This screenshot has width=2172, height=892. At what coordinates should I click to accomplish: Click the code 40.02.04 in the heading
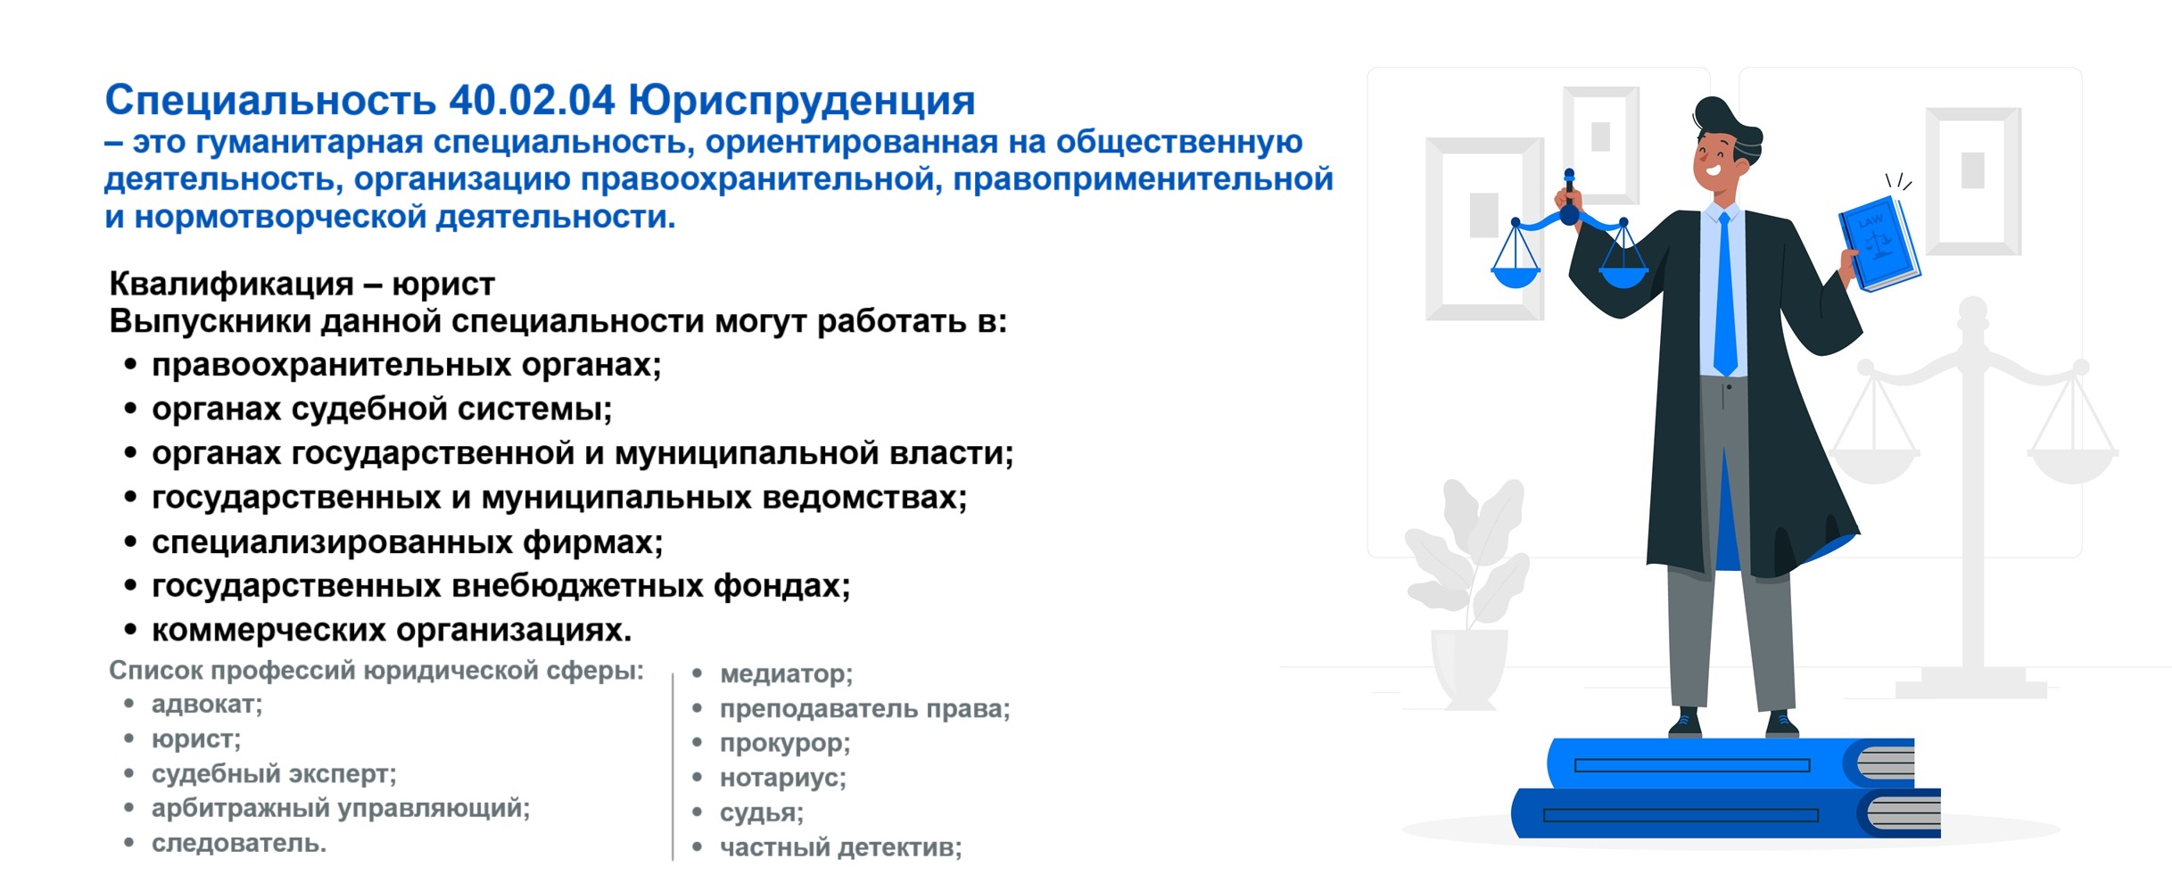pyautogui.click(x=532, y=101)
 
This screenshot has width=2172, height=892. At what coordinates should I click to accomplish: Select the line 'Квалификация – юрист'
pyautogui.click(x=301, y=285)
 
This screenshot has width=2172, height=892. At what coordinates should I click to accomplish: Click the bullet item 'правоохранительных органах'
pyautogui.click(x=406, y=366)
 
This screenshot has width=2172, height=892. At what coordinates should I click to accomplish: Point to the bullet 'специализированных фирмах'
pyautogui.click(x=408, y=542)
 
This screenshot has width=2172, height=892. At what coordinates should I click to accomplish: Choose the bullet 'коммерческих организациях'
pyautogui.click(x=392, y=631)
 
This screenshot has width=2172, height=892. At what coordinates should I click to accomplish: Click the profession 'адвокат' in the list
pyautogui.click(x=207, y=705)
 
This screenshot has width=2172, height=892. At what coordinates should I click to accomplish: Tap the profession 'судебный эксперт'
pyautogui.click(x=274, y=774)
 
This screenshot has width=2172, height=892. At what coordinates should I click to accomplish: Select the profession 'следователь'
pyautogui.click(x=239, y=844)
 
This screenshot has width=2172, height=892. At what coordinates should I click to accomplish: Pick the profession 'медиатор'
pyautogui.click(x=786, y=674)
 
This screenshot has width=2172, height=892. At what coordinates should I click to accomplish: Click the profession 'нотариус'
pyautogui.click(x=782, y=779)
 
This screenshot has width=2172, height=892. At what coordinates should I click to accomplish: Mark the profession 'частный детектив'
pyautogui.click(x=840, y=848)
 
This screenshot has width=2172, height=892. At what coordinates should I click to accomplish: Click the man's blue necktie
pyautogui.click(x=1725, y=293)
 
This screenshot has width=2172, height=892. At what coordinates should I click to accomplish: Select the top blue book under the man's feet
pyautogui.click(x=1730, y=764)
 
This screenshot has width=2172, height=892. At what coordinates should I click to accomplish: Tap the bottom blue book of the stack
pyautogui.click(x=1726, y=814)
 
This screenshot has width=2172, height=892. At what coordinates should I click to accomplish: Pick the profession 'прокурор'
pyautogui.click(x=785, y=744)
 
